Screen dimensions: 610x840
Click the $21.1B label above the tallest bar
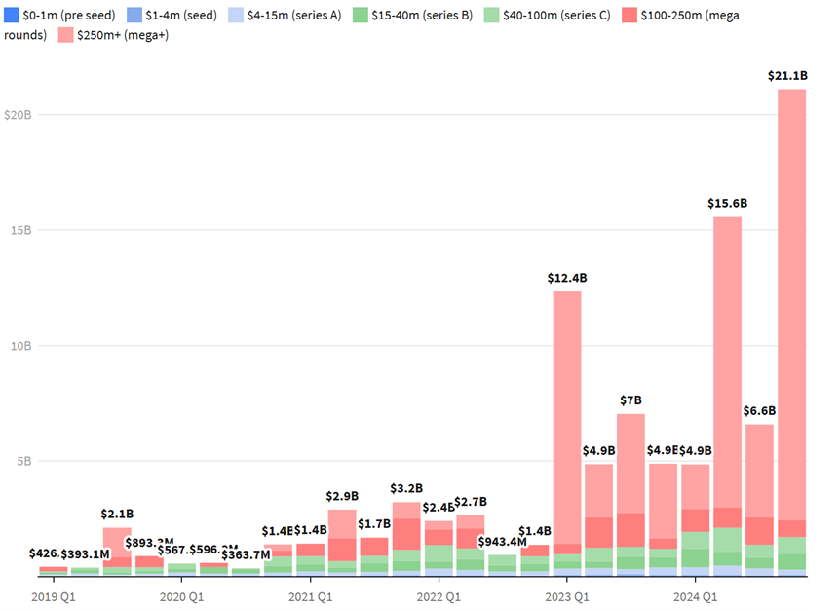tap(791, 75)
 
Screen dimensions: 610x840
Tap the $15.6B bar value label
tap(727, 203)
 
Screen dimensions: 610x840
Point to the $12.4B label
tap(567, 278)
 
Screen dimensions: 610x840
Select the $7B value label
tap(630, 400)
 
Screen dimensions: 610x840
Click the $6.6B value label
tap(759, 410)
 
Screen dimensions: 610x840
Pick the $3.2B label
tap(406, 488)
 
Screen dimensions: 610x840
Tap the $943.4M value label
tap(503, 542)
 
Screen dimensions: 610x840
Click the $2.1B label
tap(117, 514)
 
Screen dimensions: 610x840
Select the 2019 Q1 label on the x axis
tap(53, 595)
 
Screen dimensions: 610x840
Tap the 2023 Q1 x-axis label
tap(567, 595)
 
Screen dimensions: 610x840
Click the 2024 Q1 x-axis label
tap(696, 595)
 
